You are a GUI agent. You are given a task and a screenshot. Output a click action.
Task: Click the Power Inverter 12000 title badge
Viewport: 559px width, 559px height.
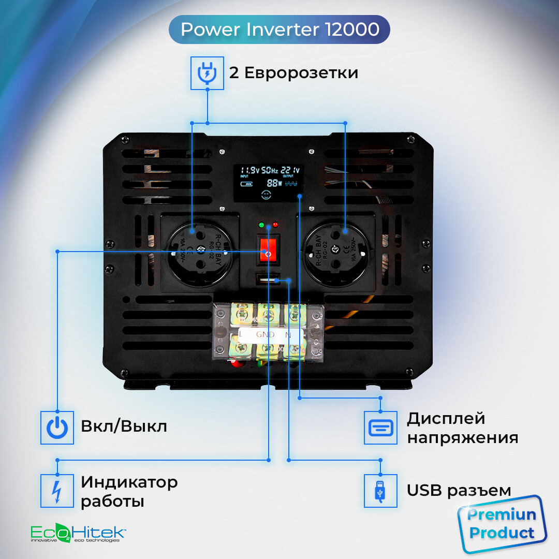coord(279,30)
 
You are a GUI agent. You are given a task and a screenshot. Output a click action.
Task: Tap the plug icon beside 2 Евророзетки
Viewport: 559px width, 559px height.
coord(208,72)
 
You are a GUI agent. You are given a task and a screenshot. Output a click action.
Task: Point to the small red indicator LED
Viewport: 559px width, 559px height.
coord(275,225)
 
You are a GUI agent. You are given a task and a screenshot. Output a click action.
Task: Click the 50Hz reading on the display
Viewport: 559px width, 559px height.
coord(270,170)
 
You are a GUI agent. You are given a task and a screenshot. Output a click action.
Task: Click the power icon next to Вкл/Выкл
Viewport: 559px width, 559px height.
coord(57,428)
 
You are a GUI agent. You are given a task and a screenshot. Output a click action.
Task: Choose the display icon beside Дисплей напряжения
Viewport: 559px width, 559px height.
coord(380,428)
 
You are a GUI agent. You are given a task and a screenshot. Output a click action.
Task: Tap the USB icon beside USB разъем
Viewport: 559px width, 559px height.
coord(380,490)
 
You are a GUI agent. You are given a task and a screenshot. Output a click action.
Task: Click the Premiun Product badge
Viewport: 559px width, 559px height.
coord(501,524)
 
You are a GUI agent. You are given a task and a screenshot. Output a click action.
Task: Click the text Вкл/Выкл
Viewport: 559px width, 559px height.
coord(124,427)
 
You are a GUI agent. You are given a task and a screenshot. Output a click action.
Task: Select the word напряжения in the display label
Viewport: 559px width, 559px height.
coord(462,438)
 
